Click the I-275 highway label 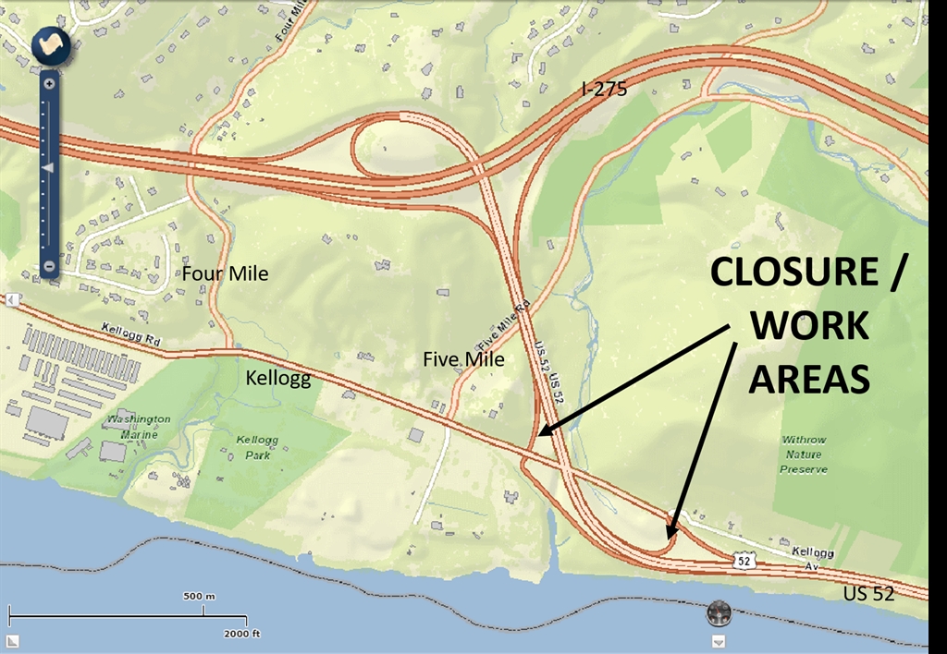604,89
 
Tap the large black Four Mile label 225,273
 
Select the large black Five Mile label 463,358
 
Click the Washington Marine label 138,425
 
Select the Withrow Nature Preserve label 805,454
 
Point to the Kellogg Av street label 812,554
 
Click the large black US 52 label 870,593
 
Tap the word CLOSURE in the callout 794,273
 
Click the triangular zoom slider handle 49,167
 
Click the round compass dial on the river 719,612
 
